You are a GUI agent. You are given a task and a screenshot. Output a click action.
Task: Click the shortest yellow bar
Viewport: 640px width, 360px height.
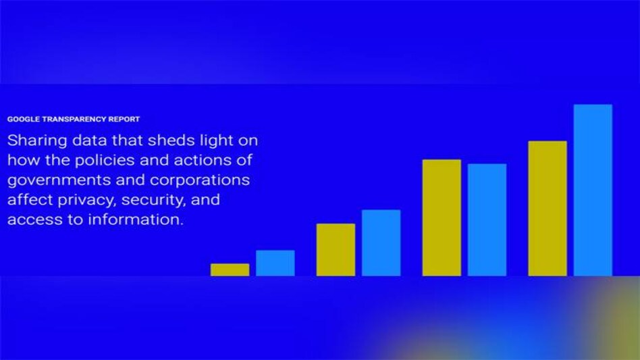230,269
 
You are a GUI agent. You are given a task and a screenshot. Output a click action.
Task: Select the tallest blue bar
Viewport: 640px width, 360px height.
593,190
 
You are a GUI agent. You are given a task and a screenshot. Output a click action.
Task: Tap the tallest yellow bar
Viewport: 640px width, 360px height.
547,208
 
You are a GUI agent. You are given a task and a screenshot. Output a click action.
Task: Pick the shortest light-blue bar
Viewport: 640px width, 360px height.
275,263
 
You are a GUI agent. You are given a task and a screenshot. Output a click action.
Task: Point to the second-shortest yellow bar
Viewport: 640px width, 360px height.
336,249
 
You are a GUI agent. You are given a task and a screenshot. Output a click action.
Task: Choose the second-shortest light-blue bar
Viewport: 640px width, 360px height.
381,242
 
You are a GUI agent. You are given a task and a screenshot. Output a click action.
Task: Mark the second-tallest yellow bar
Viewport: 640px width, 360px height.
442,217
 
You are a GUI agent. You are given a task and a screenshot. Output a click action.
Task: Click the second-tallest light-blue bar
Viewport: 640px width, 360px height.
487,220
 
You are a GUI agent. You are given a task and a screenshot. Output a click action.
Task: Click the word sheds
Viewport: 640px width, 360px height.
176,142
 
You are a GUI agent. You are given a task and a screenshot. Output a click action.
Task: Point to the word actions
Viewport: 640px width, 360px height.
211,161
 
